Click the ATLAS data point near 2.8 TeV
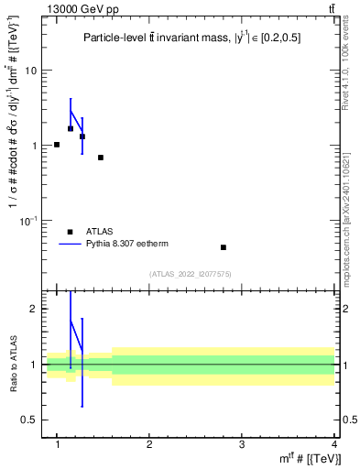(224, 247)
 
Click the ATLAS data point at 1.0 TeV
(57, 145)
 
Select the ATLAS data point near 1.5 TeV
(101, 158)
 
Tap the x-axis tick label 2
(149, 444)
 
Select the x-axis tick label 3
(242, 444)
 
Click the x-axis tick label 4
(334, 444)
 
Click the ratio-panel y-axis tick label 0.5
(32, 420)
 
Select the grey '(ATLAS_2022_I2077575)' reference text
(191, 273)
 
